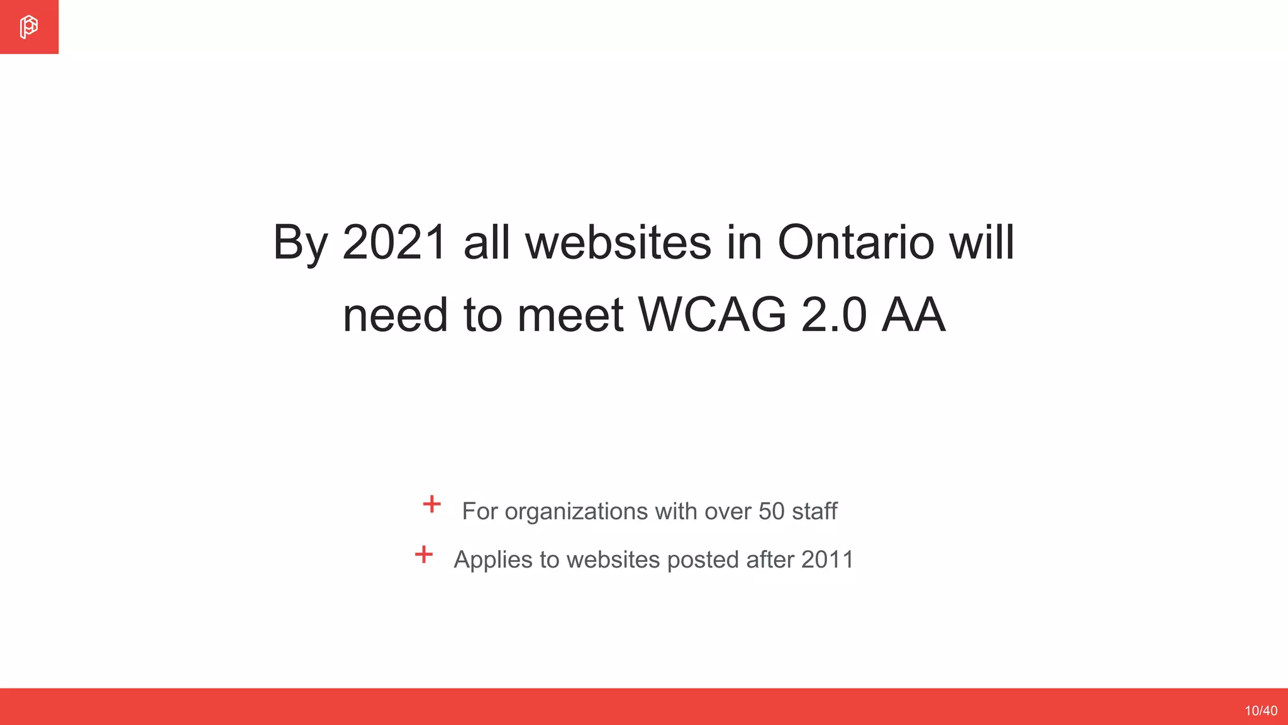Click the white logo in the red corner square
point(28,27)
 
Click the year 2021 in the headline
point(394,242)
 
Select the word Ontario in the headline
point(855,242)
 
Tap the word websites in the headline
point(618,242)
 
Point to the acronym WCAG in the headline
point(712,315)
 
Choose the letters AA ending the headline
point(913,315)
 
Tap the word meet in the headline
point(570,315)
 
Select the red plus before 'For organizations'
point(431,504)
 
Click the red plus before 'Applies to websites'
point(424,554)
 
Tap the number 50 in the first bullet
point(772,512)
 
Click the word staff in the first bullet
point(814,512)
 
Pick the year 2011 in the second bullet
point(828,559)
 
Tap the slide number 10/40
point(1260,711)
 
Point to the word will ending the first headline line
point(982,242)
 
